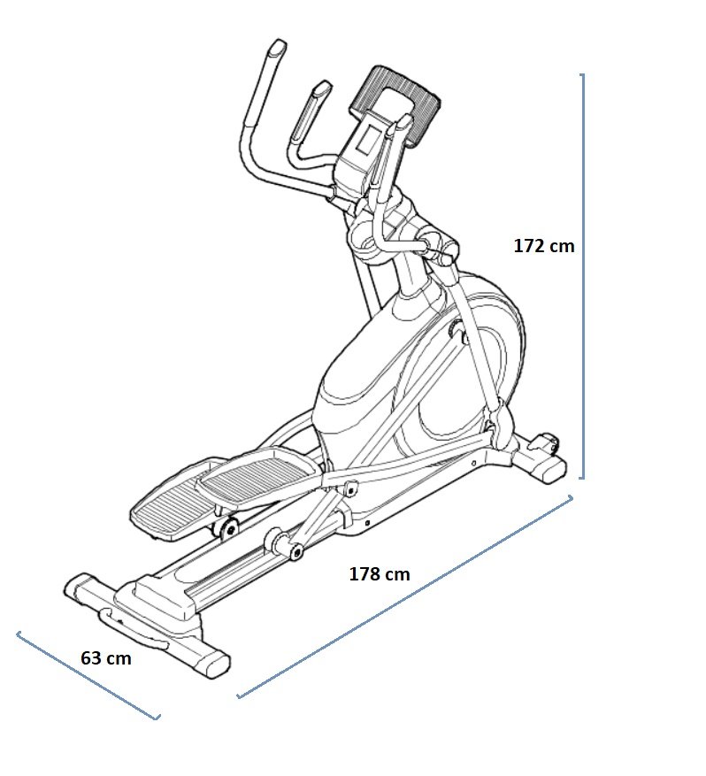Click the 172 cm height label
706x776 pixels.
[x=544, y=246]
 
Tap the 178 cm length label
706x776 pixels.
[x=380, y=574]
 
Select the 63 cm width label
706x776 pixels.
[x=106, y=658]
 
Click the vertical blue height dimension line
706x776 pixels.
[x=583, y=276]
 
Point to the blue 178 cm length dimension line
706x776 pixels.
[x=404, y=597]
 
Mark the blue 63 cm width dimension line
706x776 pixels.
[x=88, y=675]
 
